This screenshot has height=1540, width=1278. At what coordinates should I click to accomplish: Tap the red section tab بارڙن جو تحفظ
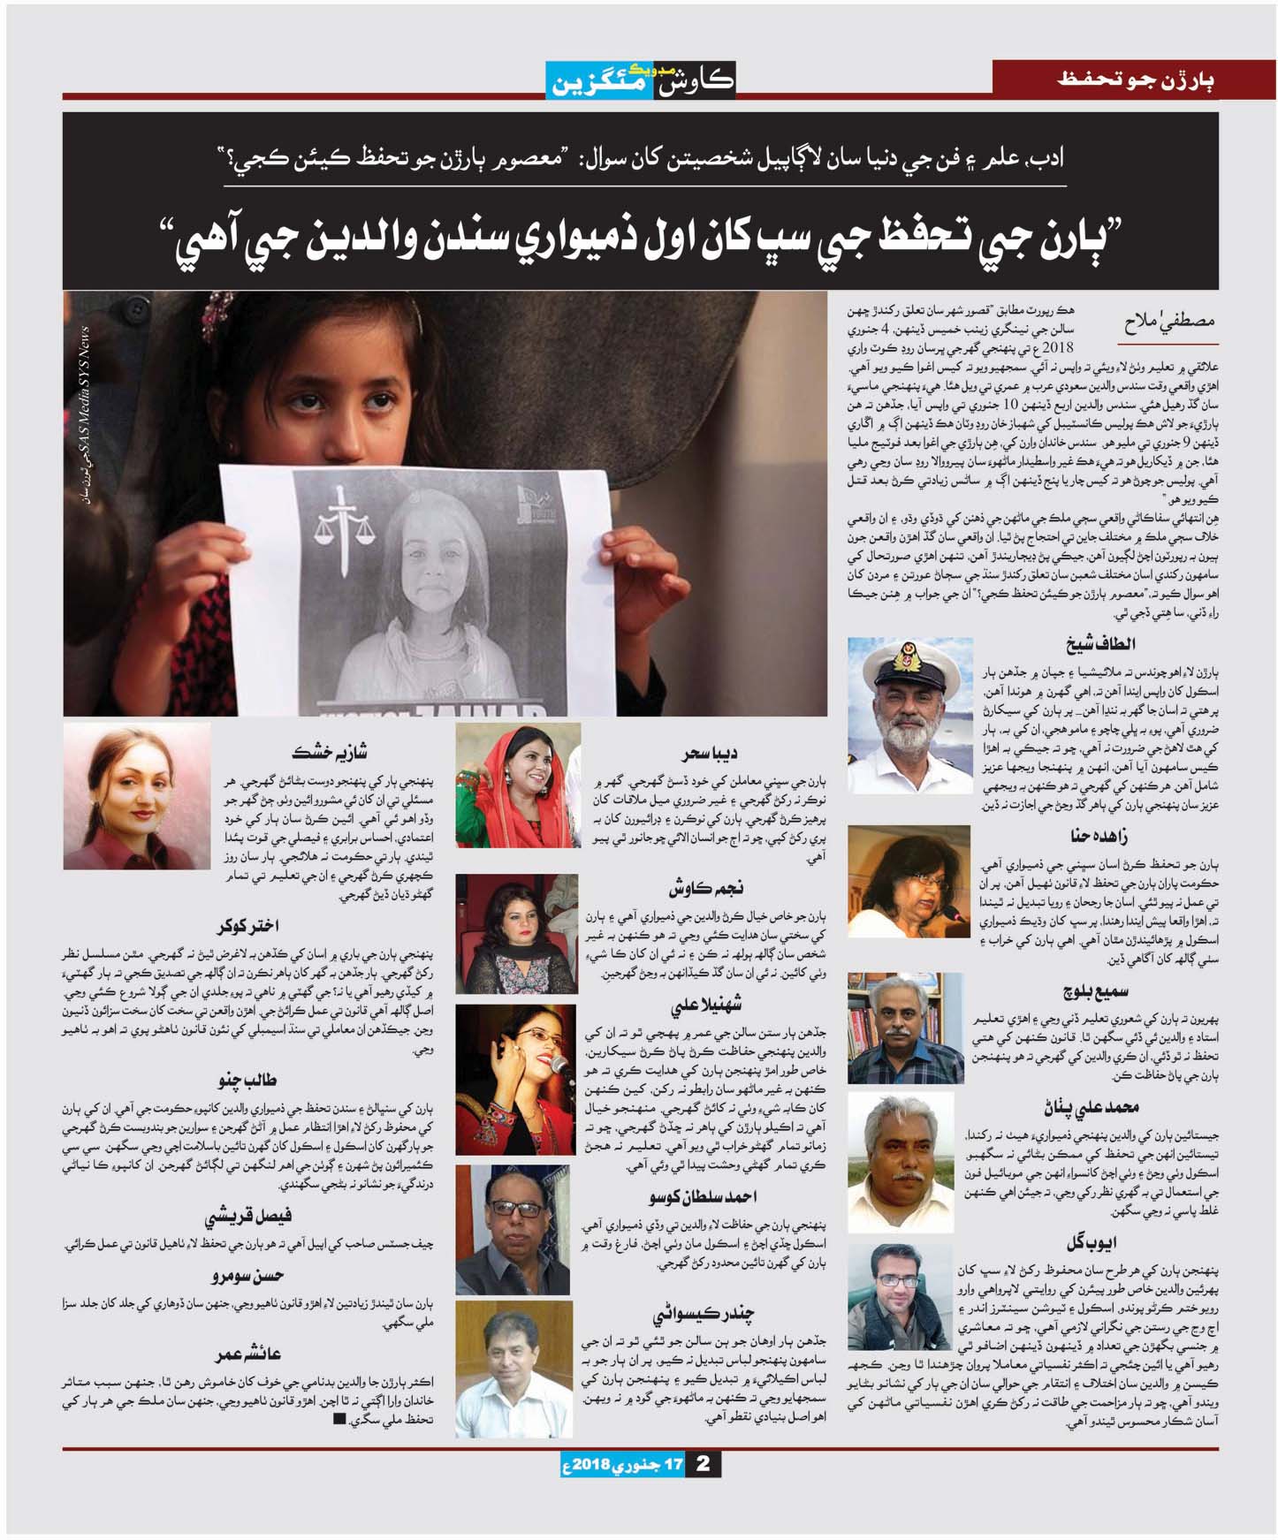pos(1136,80)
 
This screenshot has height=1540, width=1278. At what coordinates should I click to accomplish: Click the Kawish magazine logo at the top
pos(640,80)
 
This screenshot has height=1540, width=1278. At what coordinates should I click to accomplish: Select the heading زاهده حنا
pos(1099,836)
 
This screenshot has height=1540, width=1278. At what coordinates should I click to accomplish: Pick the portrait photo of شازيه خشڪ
pos(137,798)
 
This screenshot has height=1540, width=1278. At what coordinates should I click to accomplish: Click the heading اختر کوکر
pos(248,926)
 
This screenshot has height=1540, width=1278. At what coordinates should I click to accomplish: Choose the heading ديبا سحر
pos(710,754)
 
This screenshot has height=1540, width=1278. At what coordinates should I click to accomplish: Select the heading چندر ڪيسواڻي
pos(704,1314)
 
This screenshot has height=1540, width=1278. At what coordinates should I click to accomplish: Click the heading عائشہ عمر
pos(248,1354)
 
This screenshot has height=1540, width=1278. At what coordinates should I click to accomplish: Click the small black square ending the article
pos(339,1420)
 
